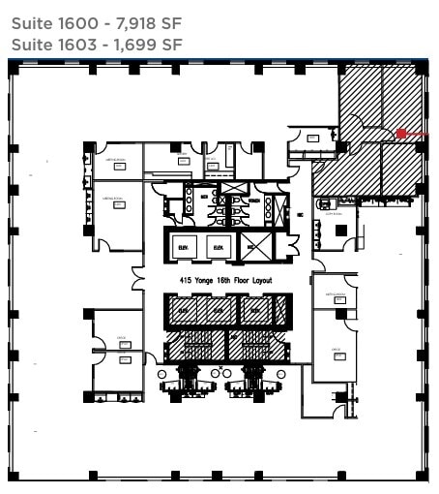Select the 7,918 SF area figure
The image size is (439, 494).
(x=150, y=21)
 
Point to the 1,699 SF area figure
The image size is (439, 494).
(x=150, y=44)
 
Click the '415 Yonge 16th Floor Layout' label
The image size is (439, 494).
(x=226, y=280)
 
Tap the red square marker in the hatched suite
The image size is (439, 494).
(x=401, y=133)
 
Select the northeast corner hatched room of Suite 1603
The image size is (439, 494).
(x=401, y=97)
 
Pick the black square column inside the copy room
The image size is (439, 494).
(x=341, y=230)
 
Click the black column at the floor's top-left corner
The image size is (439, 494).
(x=15, y=70)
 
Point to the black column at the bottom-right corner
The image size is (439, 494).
(x=421, y=476)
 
